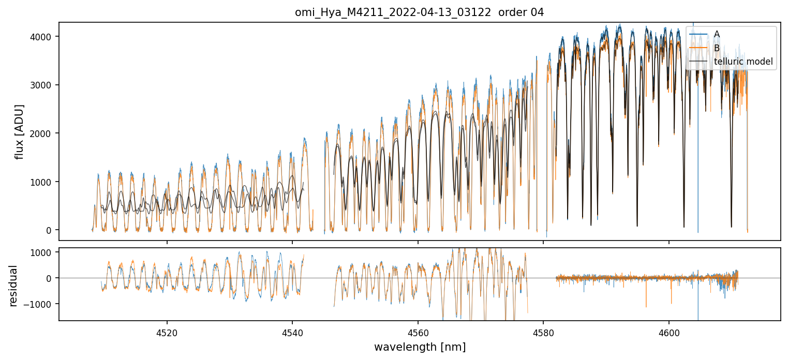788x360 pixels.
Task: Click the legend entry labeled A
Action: tap(717, 34)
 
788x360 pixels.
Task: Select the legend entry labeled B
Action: tap(717, 48)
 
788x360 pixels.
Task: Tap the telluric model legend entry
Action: tap(743, 62)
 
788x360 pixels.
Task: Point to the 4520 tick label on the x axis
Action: tap(167, 332)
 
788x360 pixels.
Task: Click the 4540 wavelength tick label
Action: tap(292, 332)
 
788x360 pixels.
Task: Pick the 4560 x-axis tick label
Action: tap(418, 332)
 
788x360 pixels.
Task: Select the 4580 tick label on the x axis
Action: tap(543, 332)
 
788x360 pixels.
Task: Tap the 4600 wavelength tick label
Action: tap(668, 332)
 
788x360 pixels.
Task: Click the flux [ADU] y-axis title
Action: tap(20, 131)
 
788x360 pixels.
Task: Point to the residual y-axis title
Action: tap(13, 286)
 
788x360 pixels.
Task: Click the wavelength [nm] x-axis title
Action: tap(420, 347)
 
